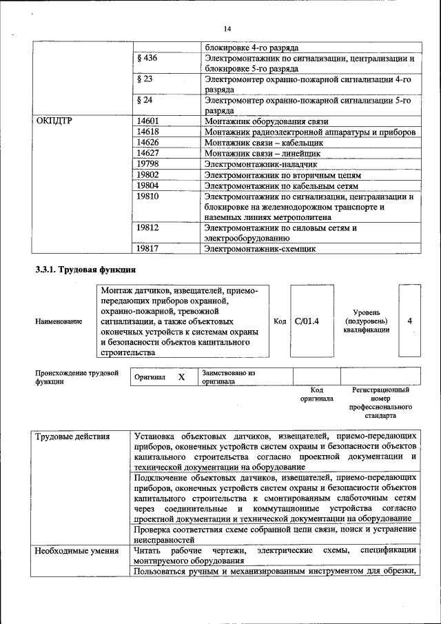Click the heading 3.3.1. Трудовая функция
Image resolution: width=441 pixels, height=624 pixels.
click(86, 269)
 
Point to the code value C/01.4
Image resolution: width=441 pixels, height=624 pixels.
click(307, 321)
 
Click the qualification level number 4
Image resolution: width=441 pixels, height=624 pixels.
click(410, 321)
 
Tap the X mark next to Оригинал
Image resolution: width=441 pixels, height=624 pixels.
click(181, 377)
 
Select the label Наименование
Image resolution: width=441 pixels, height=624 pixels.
click(59, 322)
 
